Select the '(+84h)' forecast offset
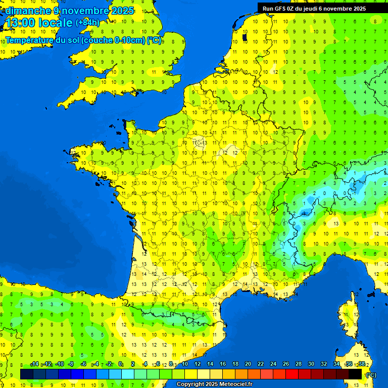(x=88, y=23)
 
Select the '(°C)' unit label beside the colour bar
(x=371, y=374)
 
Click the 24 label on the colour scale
(x=273, y=364)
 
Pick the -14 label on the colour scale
(x=34, y=364)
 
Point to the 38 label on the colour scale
(x=362, y=364)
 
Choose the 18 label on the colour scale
(x=235, y=364)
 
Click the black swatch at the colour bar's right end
(x=355, y=374)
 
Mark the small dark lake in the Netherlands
(x=245, y=37)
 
